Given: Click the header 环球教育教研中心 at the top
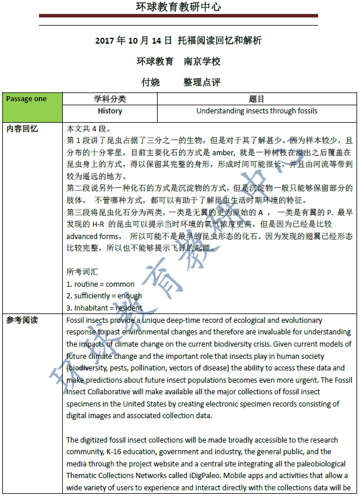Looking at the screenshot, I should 179,8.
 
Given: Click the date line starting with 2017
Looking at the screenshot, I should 179,41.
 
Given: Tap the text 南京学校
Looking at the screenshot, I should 202,61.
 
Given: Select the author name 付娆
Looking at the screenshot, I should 150,82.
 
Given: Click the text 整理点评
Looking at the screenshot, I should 202,82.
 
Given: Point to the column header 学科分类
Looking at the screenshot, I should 110,99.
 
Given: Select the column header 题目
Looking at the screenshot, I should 256,99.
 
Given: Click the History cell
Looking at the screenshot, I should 110,111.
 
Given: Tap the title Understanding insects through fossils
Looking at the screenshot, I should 256,111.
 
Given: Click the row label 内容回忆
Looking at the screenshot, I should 22,129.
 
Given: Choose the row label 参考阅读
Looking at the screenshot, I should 22,320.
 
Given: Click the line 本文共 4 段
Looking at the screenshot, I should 88,129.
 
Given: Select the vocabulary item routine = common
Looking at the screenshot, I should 100,284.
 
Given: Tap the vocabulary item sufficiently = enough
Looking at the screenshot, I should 104,296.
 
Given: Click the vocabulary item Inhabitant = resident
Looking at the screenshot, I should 104,308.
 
